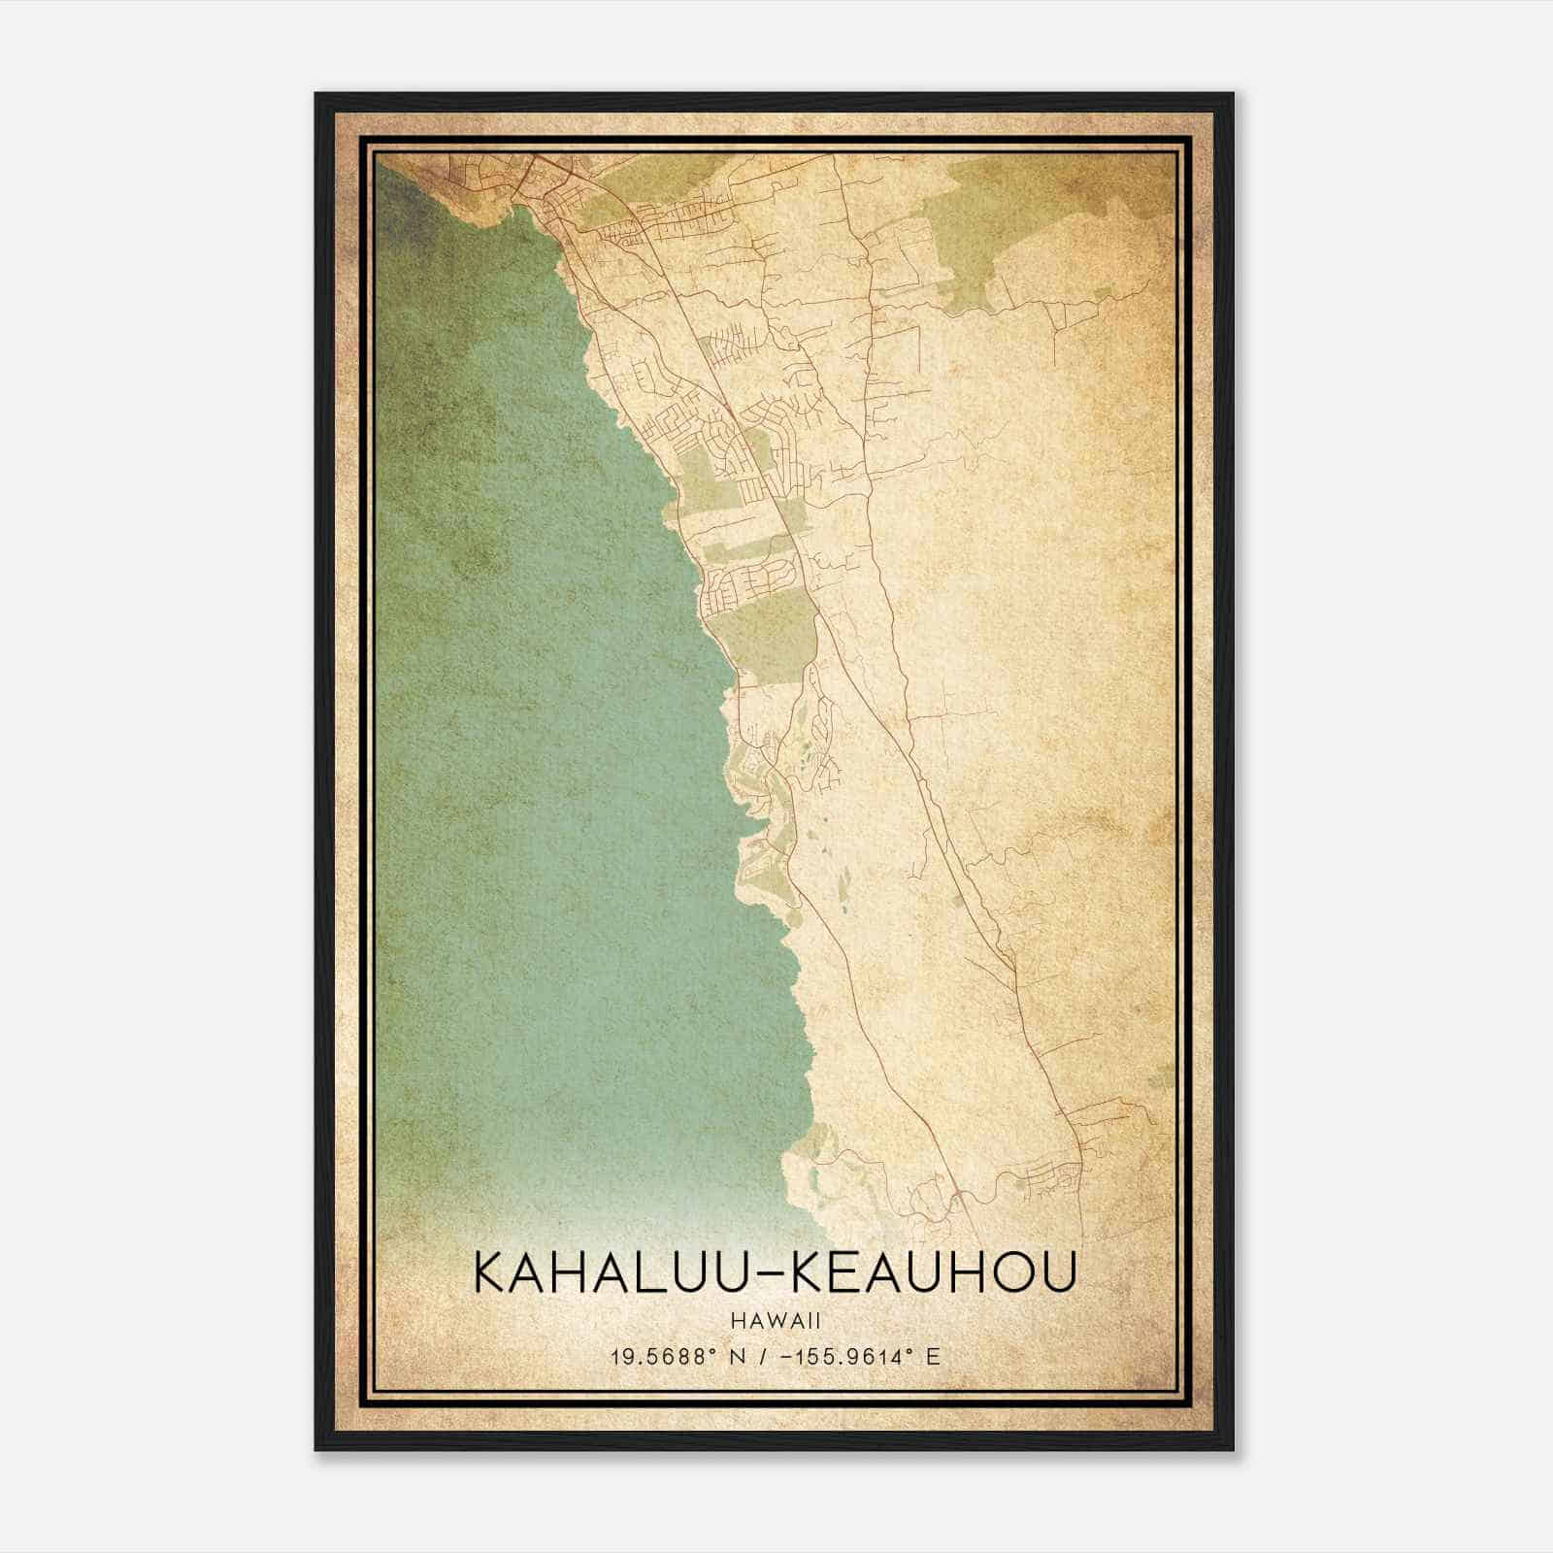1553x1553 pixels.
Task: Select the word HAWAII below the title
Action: pos(775,1320)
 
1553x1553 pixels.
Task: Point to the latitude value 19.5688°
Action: pos(665,1356)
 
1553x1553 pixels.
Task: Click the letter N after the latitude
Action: pos(738,1356)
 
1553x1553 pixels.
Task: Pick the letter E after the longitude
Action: pos(933,1356)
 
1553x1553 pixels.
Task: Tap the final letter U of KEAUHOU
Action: pos(1060,1272)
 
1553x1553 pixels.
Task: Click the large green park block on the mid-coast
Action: pos(767,631)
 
